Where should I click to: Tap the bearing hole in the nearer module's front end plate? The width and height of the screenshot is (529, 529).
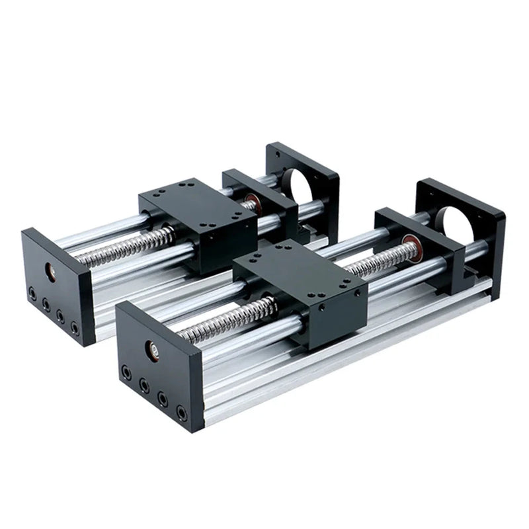[x=151, y=348]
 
